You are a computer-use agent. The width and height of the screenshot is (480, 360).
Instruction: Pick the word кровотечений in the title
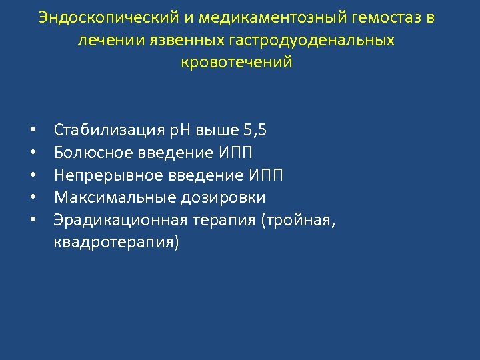237,63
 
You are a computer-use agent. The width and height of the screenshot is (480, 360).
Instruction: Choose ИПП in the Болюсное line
235,153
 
